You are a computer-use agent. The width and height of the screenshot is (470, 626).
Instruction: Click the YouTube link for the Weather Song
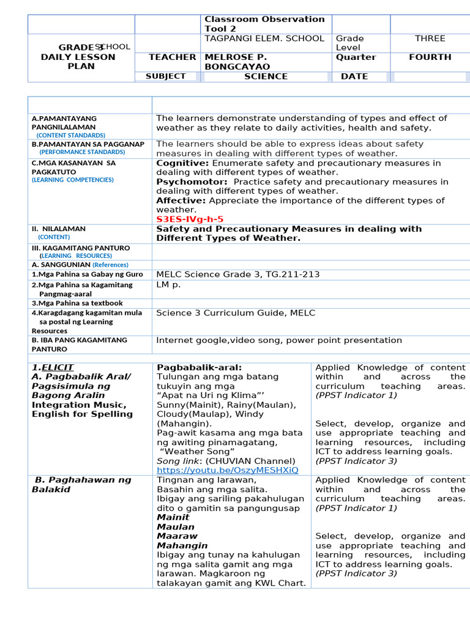[228, 470]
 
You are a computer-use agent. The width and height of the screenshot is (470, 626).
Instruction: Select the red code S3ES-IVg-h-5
[190, 219]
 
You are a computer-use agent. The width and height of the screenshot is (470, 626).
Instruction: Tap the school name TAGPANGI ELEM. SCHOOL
[264, 39]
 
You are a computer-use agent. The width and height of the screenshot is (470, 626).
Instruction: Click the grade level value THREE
[430, 39]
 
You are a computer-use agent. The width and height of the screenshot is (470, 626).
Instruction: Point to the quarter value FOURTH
[430, 57]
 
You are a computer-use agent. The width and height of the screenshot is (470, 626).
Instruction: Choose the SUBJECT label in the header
[165, 76]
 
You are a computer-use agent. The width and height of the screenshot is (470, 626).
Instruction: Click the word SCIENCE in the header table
[266, 76]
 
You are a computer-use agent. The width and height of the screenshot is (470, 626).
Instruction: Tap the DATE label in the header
[354, 76]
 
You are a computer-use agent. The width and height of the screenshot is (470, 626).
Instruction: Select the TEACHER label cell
[173, 57]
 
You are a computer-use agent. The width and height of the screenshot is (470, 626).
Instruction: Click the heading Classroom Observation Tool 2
[264, 24]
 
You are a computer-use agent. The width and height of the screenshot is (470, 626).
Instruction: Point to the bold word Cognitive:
[182, 163]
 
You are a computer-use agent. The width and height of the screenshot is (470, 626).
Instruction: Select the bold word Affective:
[181, 201]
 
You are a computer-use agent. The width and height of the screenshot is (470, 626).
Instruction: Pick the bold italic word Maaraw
[177, 536]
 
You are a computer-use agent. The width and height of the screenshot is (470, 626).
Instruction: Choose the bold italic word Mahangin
[182, 545]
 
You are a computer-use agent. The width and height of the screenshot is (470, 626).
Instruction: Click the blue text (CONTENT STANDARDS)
[70, 135]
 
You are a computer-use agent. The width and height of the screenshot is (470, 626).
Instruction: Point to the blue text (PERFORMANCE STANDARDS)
[82, 152]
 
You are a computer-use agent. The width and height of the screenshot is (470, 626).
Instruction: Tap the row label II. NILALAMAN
[59, 229]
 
